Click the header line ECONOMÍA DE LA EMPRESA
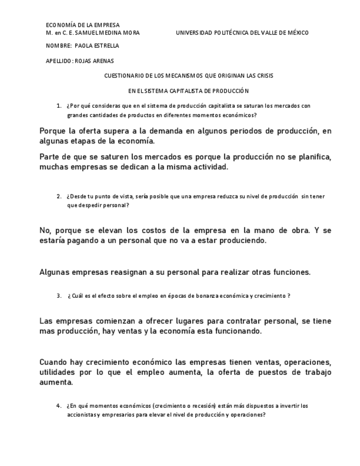[x=82, y=25]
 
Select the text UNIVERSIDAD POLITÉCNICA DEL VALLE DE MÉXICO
[x=242, y=33]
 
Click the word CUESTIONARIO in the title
[x=123, y=75]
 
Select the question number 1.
[x=58, y=106]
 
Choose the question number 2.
[x=58, y=196]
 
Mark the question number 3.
[x=58, y=296]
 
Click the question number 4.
[x=58, y=406]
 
